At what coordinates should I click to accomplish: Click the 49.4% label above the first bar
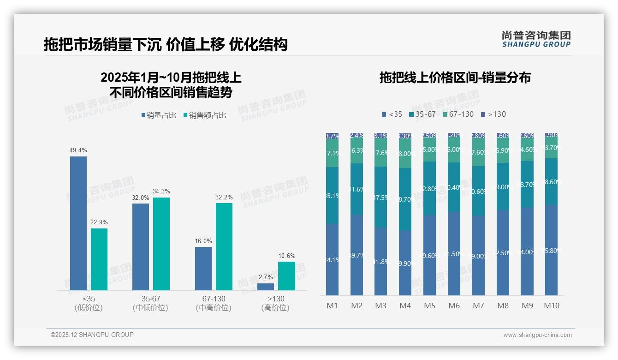point(78,150)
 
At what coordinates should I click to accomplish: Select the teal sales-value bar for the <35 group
point(99,259)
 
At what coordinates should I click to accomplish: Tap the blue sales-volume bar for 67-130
point(203,269)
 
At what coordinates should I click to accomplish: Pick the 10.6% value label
point(286,256)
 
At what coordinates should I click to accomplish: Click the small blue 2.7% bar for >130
point(265,287)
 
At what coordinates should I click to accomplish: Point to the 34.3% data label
point(161,192)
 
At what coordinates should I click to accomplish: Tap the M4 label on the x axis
point(405,306)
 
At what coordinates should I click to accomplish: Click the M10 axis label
point(551,306)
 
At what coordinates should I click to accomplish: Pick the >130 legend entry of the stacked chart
point(493,114)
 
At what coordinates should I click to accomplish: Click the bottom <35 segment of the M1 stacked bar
point(332,260)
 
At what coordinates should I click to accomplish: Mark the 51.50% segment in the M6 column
point(454,254)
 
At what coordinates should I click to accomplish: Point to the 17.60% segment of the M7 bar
point(478,152)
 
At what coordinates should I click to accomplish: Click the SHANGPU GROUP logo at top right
point(536,39)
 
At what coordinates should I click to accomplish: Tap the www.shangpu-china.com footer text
point(537,335)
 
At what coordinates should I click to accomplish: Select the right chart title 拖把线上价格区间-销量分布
point(455,78)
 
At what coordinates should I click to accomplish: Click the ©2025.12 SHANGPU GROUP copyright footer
point(92,335)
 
